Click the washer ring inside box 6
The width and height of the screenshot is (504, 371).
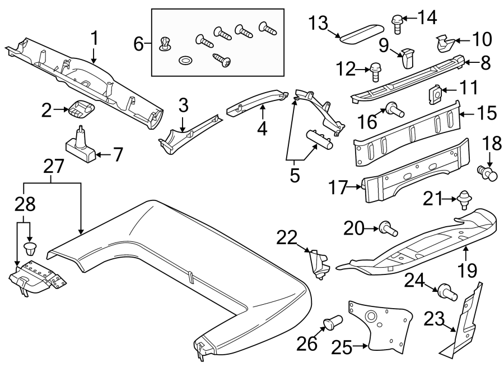pyautogui.click(x=184, y=59)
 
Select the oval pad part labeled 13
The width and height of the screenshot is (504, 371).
pyautogui.click(x=361, y=33)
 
